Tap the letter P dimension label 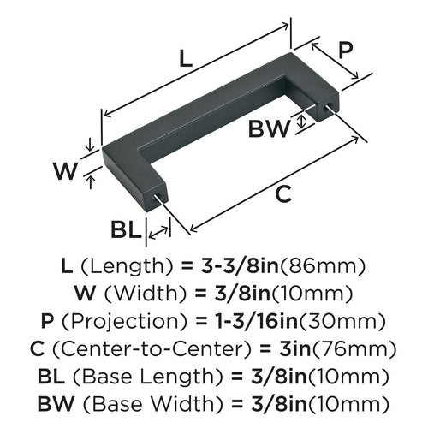click(344, 51)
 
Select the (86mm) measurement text click(328, 265)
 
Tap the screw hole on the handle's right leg click(328, 109)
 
